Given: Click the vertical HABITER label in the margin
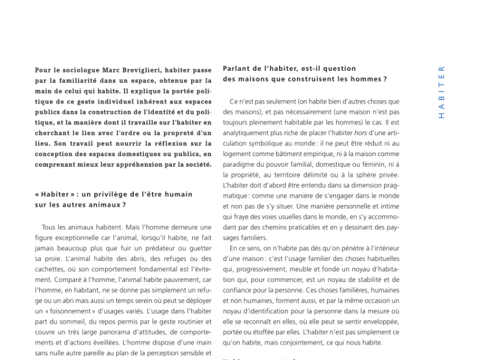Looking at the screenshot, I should coord(442,92).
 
